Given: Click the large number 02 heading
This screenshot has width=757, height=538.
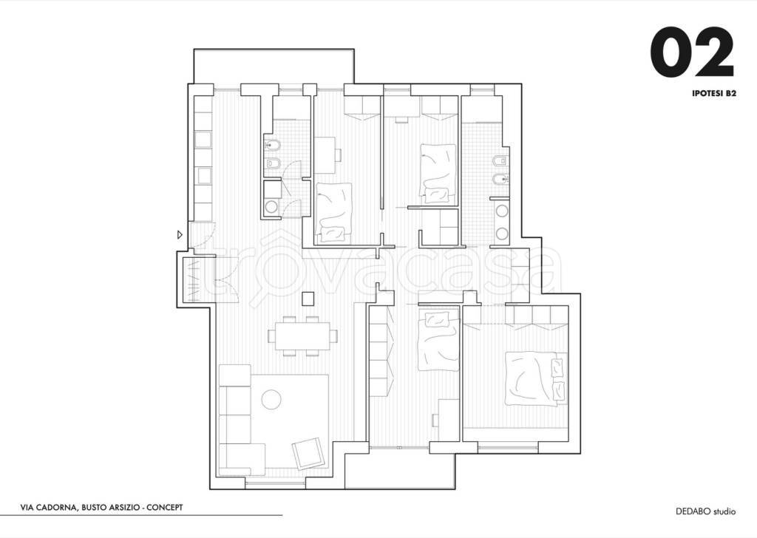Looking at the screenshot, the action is [692, 52].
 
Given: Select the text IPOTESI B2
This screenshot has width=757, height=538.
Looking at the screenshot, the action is [713, 94].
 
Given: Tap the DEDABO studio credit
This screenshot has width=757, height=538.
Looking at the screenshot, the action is [705, 511].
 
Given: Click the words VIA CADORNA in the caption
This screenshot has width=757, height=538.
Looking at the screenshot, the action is [48, 508].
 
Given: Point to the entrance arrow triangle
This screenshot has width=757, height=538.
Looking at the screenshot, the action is [180, 235].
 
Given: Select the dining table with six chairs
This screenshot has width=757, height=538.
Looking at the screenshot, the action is [303, 336].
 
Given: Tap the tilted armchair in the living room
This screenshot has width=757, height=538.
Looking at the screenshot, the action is [308, 454].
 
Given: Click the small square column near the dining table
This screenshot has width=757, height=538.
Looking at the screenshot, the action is [308, 299].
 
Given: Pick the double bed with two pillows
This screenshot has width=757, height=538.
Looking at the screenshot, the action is [535, 378].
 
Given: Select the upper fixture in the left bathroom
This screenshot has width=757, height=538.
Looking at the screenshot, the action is [273, 144].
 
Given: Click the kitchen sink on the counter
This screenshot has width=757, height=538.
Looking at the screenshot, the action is [203, 140].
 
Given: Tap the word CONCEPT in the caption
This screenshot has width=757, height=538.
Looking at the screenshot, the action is [165, 508].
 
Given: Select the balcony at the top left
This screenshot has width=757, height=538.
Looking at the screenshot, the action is [274, 66].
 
